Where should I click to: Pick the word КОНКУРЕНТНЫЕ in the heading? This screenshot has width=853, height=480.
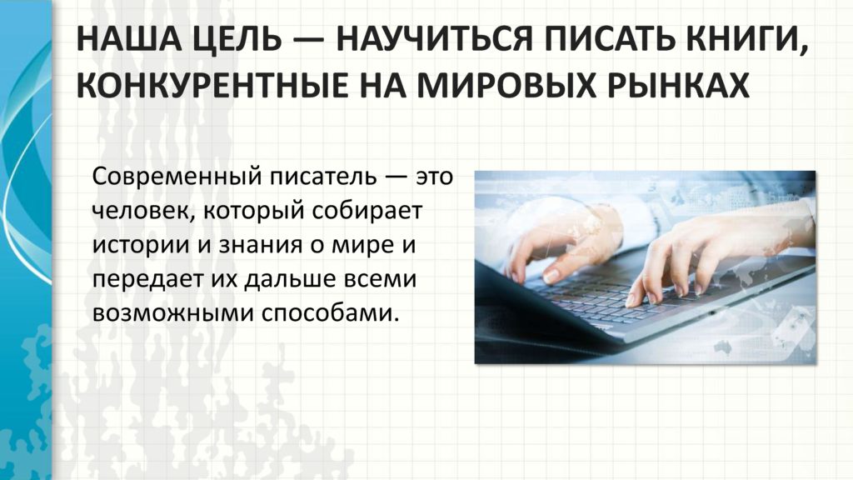[212, 86]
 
